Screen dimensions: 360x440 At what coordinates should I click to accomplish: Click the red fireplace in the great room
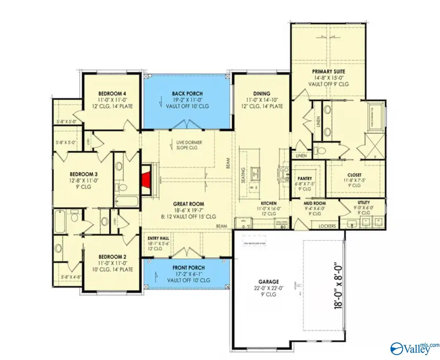[146, 178]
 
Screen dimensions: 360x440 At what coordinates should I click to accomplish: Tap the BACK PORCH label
[187, 93]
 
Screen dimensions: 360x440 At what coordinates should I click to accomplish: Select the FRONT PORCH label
[188, 268]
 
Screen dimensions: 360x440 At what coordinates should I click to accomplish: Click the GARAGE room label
[269, 282]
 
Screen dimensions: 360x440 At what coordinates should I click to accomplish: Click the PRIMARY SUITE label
[329, 71]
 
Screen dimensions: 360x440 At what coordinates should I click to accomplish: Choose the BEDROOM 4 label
[112, 93]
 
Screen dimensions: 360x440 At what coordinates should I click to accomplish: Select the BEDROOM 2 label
[112, 256]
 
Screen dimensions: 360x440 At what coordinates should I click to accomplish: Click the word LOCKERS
[327, 226]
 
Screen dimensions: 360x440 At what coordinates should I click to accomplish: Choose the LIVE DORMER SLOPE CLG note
[189, 145]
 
